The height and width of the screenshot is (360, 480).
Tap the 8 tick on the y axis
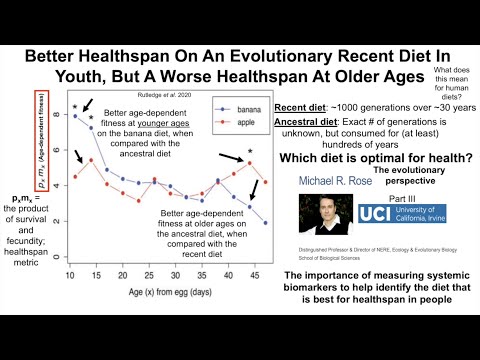59,116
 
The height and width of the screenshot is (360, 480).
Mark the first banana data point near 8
76,116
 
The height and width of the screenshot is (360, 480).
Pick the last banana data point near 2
264,222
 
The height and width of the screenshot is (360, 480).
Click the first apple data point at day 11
76,177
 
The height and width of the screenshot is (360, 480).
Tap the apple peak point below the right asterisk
250,162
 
